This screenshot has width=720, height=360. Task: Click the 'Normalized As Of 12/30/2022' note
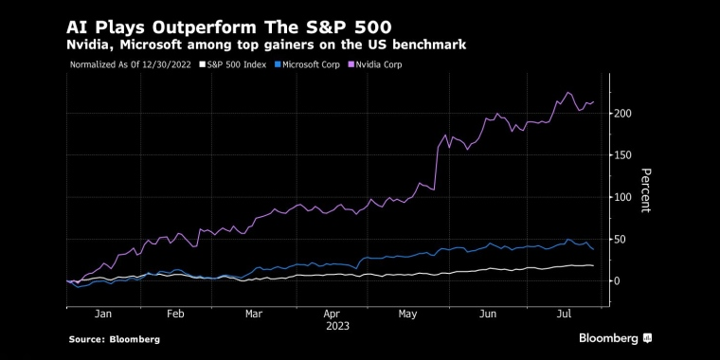[130, 65]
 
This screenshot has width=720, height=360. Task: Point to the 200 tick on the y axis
[622, 114]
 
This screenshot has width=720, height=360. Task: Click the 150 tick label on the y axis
[622, 155]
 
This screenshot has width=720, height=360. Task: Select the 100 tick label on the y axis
[622, 197]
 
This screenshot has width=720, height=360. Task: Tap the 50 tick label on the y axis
[620, 239]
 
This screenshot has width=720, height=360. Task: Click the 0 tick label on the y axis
[617, 280]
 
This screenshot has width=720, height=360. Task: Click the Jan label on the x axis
[103, 311]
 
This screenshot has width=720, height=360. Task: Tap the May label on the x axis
[409, 311]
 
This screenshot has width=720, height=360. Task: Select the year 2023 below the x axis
[336, 325]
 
